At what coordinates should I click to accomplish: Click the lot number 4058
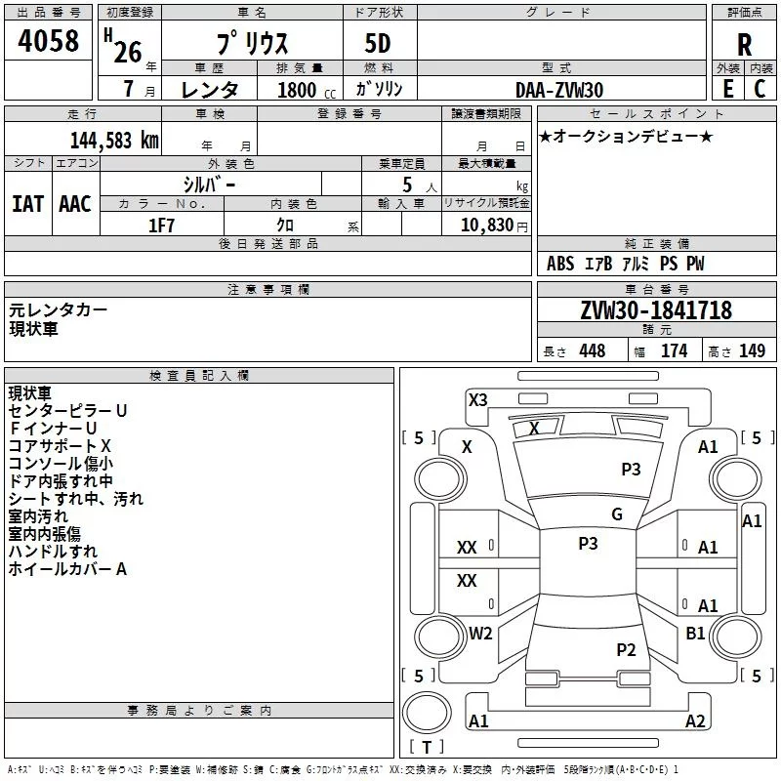49,42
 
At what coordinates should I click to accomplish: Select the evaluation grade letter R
744,44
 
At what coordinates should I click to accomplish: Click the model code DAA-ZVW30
559,90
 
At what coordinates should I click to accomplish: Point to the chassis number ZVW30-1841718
655,310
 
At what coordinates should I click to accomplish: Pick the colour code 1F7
161,225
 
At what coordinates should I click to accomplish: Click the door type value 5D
378,44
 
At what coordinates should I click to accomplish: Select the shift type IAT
27,203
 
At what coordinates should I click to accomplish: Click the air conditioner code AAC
75,203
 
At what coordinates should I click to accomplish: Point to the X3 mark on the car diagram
478,399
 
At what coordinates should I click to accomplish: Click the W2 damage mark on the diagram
480,633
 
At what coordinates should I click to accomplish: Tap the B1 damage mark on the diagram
695,633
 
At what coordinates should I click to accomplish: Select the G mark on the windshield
616,514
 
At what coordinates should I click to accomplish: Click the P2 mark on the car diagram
626,649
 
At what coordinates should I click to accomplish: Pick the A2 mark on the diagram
695,721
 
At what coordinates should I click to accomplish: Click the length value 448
592,351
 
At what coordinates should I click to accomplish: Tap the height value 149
752,351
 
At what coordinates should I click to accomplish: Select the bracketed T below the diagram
426,747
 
